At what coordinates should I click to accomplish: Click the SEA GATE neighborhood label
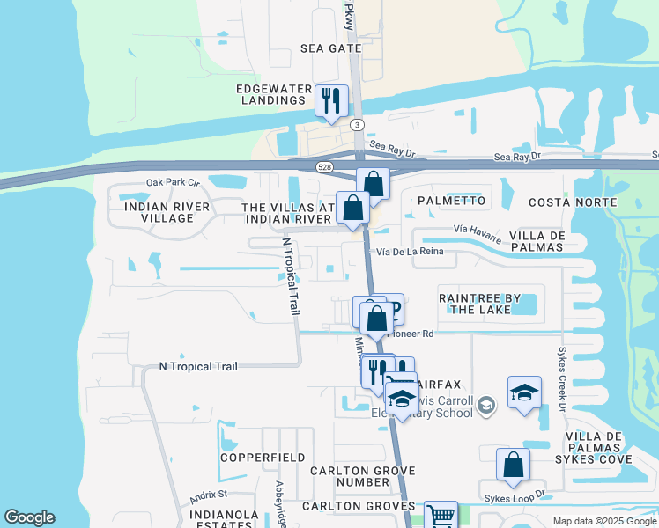point(331,48)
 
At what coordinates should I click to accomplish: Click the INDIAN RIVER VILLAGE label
point(167,212)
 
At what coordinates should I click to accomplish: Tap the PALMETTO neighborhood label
point(451,201)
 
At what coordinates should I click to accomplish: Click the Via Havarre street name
point(477,232)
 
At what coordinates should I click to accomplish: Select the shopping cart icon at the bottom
point(441,516)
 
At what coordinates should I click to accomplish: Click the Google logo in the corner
point(29,517)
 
